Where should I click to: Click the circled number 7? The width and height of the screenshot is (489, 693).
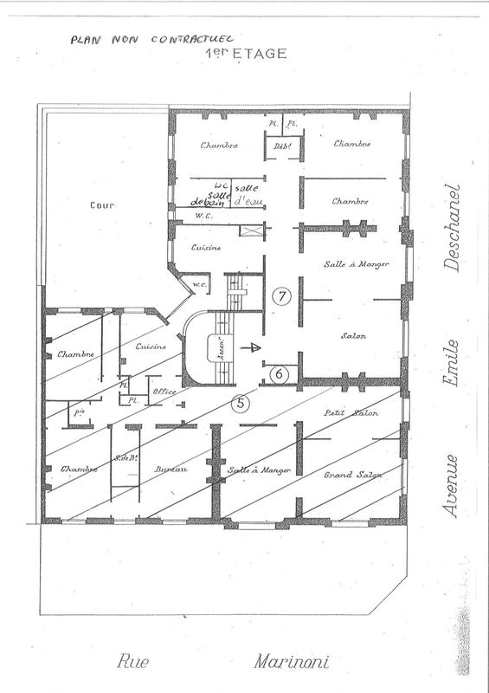[280, 296]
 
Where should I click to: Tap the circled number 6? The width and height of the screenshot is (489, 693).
[278, 373]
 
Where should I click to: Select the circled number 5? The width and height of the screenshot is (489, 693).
[241, 402]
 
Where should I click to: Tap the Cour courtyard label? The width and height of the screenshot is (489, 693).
[102, 206]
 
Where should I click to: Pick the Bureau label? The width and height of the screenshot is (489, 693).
[171, 469]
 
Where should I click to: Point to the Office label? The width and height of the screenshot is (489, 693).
[164, 392]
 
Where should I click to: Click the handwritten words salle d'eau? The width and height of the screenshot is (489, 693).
[248, 197]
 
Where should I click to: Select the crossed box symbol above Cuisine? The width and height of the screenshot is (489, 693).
[251, 231]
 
